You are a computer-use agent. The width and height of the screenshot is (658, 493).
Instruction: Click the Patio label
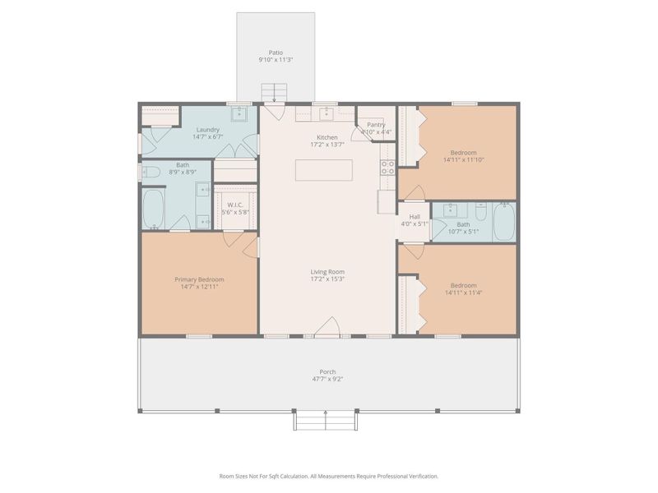click(x=276, y=52)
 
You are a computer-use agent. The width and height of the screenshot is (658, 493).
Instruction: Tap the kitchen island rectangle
click(x=324, y=170)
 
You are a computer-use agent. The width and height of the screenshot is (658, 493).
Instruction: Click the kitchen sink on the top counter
click(x=327, y=113)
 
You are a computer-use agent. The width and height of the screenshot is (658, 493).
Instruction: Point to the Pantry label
click(x=376, y=125)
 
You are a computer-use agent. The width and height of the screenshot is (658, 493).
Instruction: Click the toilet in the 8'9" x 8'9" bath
click(x=151, y=172)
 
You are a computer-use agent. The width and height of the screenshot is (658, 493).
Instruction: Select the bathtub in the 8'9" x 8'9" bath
click(x=154, y=209)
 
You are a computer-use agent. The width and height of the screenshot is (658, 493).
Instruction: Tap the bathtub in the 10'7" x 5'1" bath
click(x=503, y=222)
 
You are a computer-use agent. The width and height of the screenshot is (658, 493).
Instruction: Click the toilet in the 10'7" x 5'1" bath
click(x=481, y=210)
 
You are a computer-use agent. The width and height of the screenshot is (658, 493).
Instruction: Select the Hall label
click(x=415, y=217)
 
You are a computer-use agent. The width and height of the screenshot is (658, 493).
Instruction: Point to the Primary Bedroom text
click(x=199, y=279)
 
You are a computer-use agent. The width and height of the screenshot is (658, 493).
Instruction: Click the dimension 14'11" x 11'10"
click(x=467, y=160)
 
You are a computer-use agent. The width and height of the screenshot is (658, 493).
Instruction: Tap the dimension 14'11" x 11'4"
click(x=467, y=293)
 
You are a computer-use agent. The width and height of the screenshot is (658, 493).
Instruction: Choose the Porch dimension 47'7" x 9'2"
click(x=327, y=380)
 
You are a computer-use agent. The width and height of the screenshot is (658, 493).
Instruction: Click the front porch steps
click(x=327, y=421)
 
